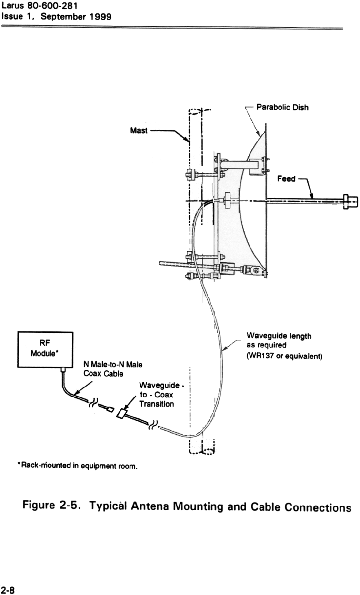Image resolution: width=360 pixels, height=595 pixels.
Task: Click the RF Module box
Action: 45,349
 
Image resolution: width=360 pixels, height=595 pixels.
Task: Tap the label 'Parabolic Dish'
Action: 282,108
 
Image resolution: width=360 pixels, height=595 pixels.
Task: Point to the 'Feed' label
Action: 287,179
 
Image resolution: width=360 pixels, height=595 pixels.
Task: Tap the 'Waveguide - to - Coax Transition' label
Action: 156,394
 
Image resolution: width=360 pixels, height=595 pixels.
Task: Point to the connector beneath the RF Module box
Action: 64,370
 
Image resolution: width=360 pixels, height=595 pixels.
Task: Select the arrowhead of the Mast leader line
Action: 188,140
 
